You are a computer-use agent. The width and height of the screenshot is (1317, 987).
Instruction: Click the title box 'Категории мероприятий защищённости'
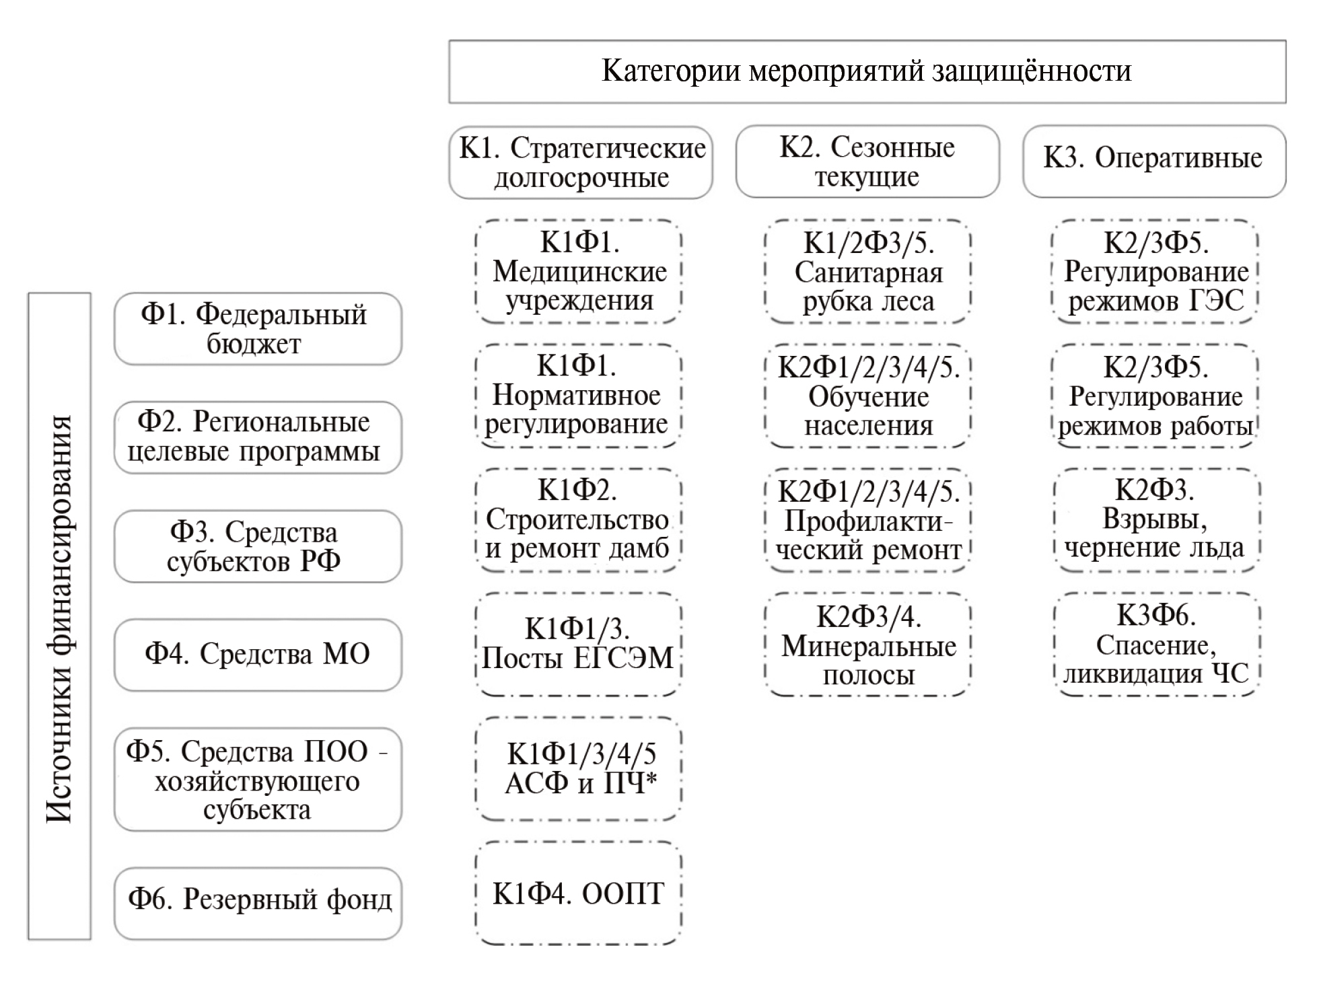[x=867, y=71]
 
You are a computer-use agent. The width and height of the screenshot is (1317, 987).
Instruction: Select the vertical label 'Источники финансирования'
[x=59, y=616]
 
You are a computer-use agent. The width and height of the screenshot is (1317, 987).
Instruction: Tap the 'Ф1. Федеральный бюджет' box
[x=258, y=329]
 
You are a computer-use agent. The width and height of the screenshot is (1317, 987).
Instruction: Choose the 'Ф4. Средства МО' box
[x=258, y=655]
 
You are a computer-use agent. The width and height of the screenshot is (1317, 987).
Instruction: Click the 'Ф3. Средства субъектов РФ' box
[x=258, y=546]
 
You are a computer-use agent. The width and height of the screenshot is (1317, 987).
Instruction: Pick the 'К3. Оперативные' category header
[x=1153, y=161]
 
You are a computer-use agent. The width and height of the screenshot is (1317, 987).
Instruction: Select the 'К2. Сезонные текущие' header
[x=867, y=161]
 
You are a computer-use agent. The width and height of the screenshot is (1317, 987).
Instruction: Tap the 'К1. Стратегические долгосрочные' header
[x=580, y=162]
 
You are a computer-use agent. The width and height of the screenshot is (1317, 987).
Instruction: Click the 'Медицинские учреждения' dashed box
[x=579, y=271]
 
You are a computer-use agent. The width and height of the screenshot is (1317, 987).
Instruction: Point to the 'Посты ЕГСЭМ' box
[x=579, y=644]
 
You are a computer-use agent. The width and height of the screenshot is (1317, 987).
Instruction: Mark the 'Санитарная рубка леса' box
[x=867, y=272]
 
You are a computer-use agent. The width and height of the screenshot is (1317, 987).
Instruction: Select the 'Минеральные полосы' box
[x=867, y=645]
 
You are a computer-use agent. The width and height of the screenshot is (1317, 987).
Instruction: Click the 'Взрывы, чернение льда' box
[x=1155, y=520]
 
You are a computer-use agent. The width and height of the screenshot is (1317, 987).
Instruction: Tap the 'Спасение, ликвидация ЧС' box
[x=1155, y=645]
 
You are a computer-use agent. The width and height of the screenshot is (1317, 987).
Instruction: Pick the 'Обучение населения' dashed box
[x=867, y=396]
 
